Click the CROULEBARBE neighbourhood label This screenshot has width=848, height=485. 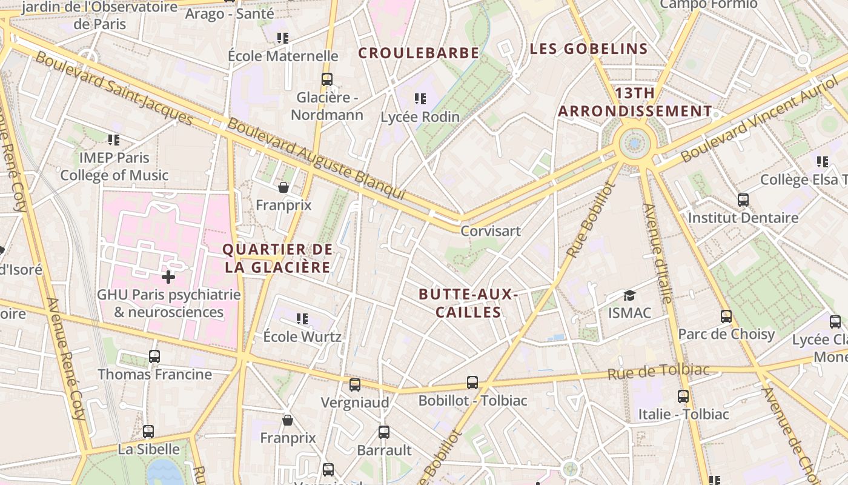click(419, 53)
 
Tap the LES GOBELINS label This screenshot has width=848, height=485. click(589, 49)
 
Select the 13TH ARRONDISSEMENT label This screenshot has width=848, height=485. click(635, 102)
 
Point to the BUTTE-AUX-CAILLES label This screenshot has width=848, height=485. click(468, 303)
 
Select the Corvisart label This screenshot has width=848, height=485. click(491, 231)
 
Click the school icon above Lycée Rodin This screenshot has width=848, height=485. click(420, 98)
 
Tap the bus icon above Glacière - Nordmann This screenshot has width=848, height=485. click(327, 79)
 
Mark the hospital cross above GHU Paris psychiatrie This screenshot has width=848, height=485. click(168, 278)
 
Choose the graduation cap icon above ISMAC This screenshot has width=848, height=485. click(630, 295)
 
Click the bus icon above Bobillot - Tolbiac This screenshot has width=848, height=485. click(472, 383)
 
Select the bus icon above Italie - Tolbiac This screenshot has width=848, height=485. click(683, 396)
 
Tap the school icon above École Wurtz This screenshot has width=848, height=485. click(302, 318)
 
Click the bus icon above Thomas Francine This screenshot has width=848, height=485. click(154, 356)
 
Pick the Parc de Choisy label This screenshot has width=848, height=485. click(726, 334)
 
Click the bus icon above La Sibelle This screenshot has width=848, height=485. click(148, 432)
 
